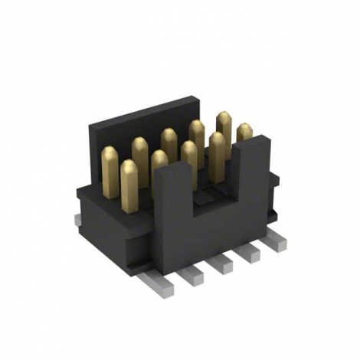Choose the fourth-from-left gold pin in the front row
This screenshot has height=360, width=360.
click(217, 153)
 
